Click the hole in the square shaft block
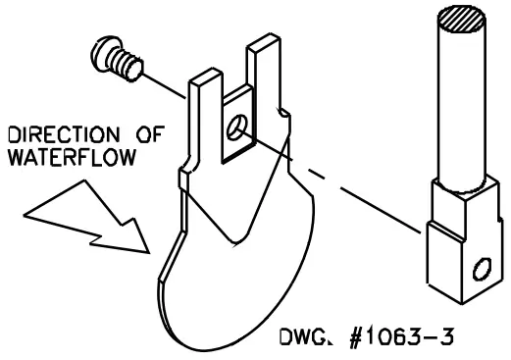tap(481, 268)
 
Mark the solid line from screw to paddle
tap(167, 86)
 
